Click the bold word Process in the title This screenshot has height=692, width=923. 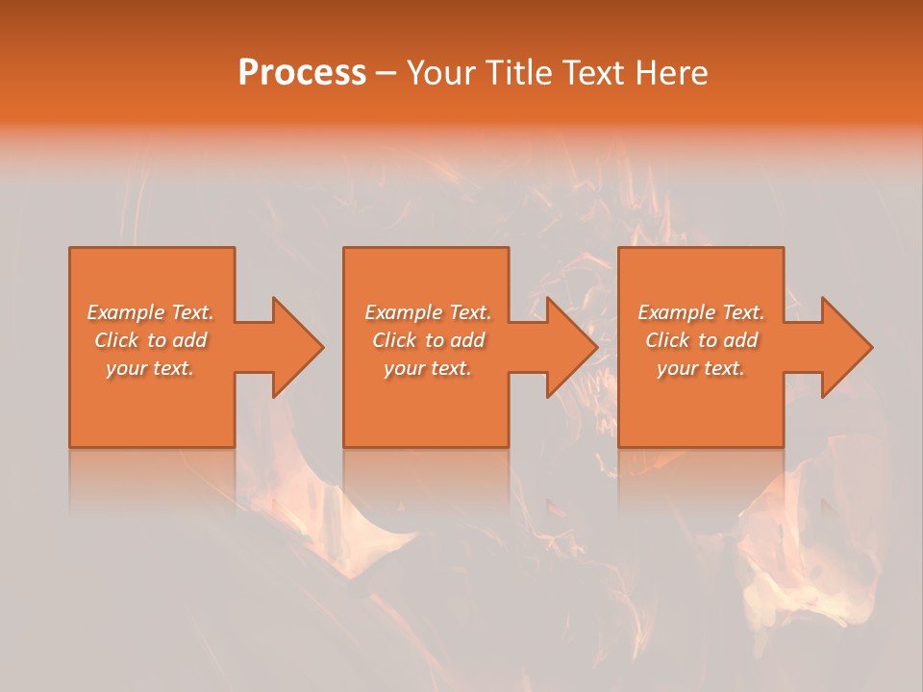coord(302,73)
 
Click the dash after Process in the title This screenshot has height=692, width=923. coord(387,74)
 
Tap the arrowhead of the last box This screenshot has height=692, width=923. coord(845,347)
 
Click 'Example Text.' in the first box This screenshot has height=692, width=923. coord(151,312)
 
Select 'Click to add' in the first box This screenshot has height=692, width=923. coord(151,340)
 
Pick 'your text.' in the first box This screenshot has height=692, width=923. coord(151,368)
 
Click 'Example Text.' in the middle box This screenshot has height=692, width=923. coord(428,312)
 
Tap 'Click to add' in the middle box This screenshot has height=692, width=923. coord(428,340)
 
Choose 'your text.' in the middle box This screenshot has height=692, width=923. coord(428,368)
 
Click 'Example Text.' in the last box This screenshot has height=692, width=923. coord(701,312)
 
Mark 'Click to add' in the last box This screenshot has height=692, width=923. coord(701,340)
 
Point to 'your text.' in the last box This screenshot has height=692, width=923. coord(701,368)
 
